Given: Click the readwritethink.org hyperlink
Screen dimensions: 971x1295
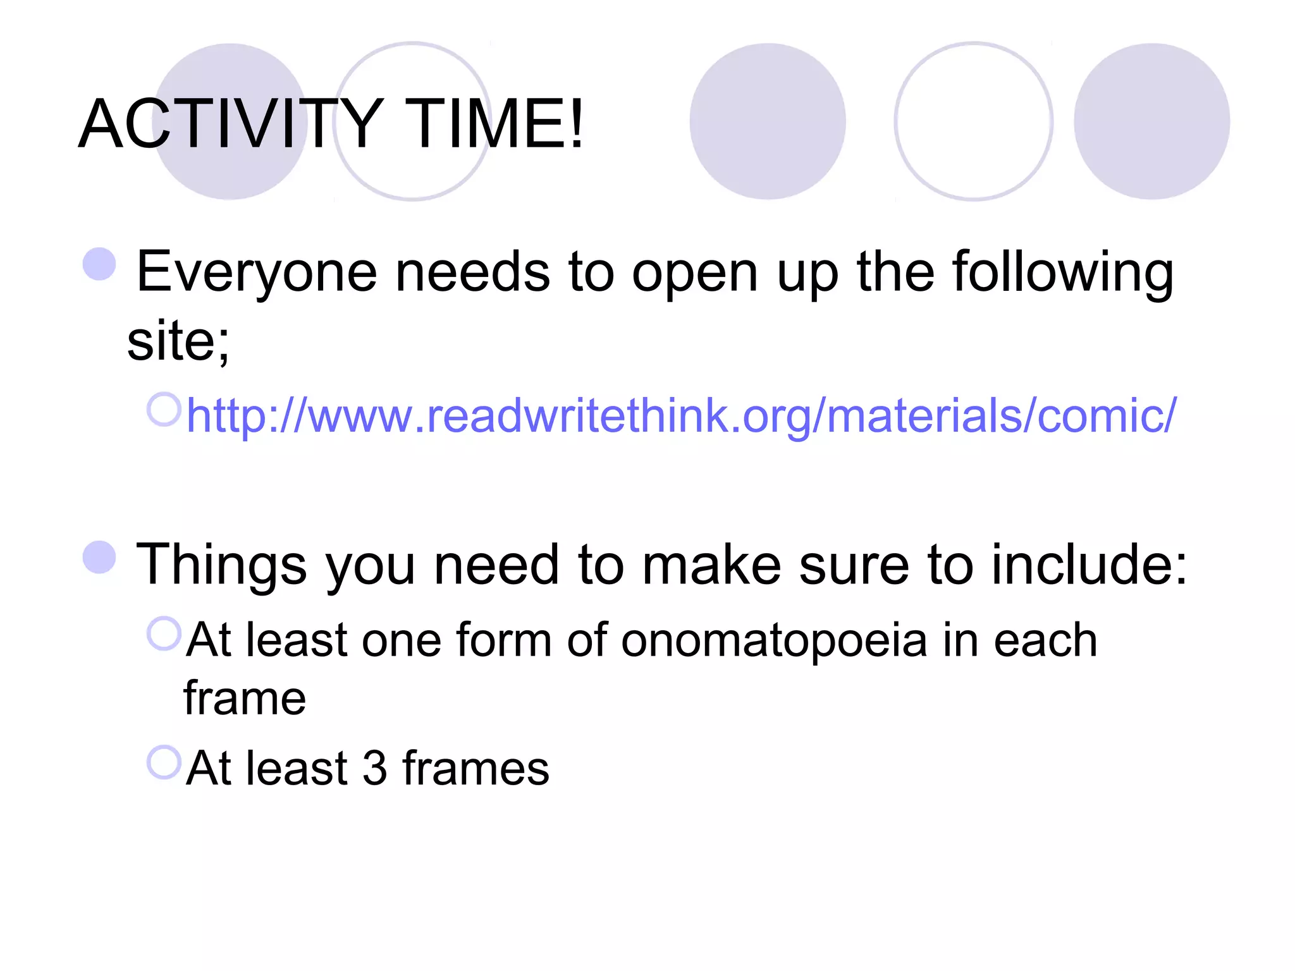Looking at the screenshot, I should [x=681, y=415].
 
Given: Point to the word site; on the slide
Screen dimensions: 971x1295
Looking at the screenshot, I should [x=178, y=341].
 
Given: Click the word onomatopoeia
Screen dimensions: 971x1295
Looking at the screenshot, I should [x=774, y=640].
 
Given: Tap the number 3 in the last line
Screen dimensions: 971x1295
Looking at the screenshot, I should [x=374, y=768].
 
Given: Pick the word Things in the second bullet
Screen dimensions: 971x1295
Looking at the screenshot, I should [x=221, y=565].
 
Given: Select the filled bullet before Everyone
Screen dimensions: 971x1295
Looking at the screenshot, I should [x=99, y=264].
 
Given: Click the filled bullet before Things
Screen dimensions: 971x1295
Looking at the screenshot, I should [x=99, y=557].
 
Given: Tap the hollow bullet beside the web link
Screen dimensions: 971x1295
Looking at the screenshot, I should [x=164, y=409].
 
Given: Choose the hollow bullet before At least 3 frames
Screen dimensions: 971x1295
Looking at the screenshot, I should [x=164, y=762].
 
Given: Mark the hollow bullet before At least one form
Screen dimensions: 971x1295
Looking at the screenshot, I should [x=164, y=633].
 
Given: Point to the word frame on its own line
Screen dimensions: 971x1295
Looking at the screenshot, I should [x=245, y=699].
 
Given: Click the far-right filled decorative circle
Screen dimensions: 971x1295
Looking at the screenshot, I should [x=1151, y=121].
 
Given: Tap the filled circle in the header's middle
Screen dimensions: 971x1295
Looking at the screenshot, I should [x=767, y=121].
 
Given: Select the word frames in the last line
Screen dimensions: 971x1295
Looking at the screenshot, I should [x=476, y=768].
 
